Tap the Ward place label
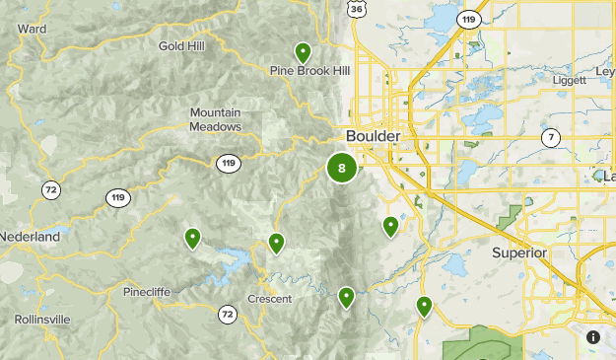tap(32, 29)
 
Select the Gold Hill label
tap(183, 45)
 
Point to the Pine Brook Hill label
tap(310, 70)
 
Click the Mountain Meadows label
tap(216, 119)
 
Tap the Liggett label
tap(570, 80)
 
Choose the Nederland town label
tap(30, 238)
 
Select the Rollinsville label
tap(42, 320)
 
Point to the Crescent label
tap(269, 299)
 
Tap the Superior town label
tap(519, 252)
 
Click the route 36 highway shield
tap(357, 9)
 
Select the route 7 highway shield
tap(550, 137)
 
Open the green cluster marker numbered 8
tap(342, 168)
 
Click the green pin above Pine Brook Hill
tap(303, 52)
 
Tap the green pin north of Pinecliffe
tap(192, 237)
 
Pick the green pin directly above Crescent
tap(277, 242)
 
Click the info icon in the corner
tap(592, 336)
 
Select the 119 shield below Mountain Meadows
tap(228, 163)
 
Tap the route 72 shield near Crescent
tap(228, 315)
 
